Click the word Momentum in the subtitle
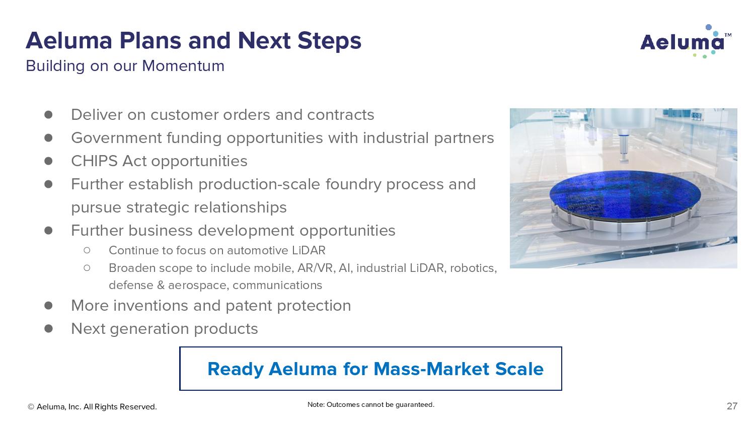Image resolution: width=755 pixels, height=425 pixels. [x=183, y=66]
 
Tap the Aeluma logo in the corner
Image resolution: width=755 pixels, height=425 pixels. [x=686, y=42]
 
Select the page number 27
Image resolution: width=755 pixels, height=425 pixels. [x=732, y=406]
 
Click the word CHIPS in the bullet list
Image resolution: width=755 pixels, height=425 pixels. [x=94, y=161]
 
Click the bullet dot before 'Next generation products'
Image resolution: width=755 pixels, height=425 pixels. [x=48, y=328]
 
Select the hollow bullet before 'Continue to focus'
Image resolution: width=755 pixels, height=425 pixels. [x=87, y=250]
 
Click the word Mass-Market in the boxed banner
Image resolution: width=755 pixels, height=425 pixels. [x=431, y=369]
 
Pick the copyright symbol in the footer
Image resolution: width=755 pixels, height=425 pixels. [x=31, y=407]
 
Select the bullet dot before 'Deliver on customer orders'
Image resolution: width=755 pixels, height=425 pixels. [x=48, y=115]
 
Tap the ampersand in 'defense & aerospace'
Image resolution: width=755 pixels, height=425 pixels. [x=161, y=286]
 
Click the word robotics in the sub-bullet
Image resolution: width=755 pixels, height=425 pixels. [x=473, y=268]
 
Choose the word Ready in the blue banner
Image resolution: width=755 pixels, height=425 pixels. [x=235, y=369]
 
